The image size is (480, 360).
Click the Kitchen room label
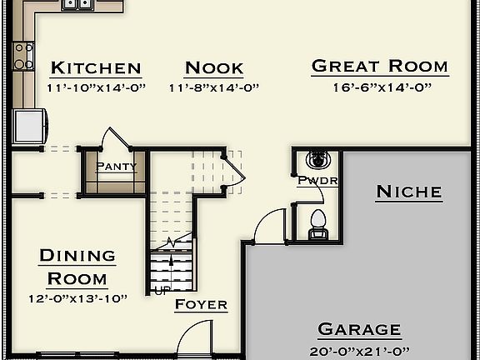point(95,67)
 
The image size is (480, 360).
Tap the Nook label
point(214,67)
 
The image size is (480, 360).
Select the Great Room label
point(379,66)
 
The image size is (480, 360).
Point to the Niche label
point(408,192)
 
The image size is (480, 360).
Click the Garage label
point(359,329)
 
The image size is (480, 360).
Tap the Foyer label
point(201,304)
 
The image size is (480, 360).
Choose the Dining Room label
point(77,267)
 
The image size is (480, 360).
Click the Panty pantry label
point(116,166)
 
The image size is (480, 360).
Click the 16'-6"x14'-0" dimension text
point(379,86)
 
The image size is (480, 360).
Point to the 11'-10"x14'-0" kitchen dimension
point(96,87)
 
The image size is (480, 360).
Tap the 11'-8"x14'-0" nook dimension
point(214,87)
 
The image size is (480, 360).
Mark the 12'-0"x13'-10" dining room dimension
point(77,297)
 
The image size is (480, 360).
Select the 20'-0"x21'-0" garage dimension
point(359,350)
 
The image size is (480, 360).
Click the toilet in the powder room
point(317,223)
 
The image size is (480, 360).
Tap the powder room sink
point(317,159)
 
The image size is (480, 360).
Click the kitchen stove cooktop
point(23,57)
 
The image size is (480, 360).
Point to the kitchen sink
point(77,4)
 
